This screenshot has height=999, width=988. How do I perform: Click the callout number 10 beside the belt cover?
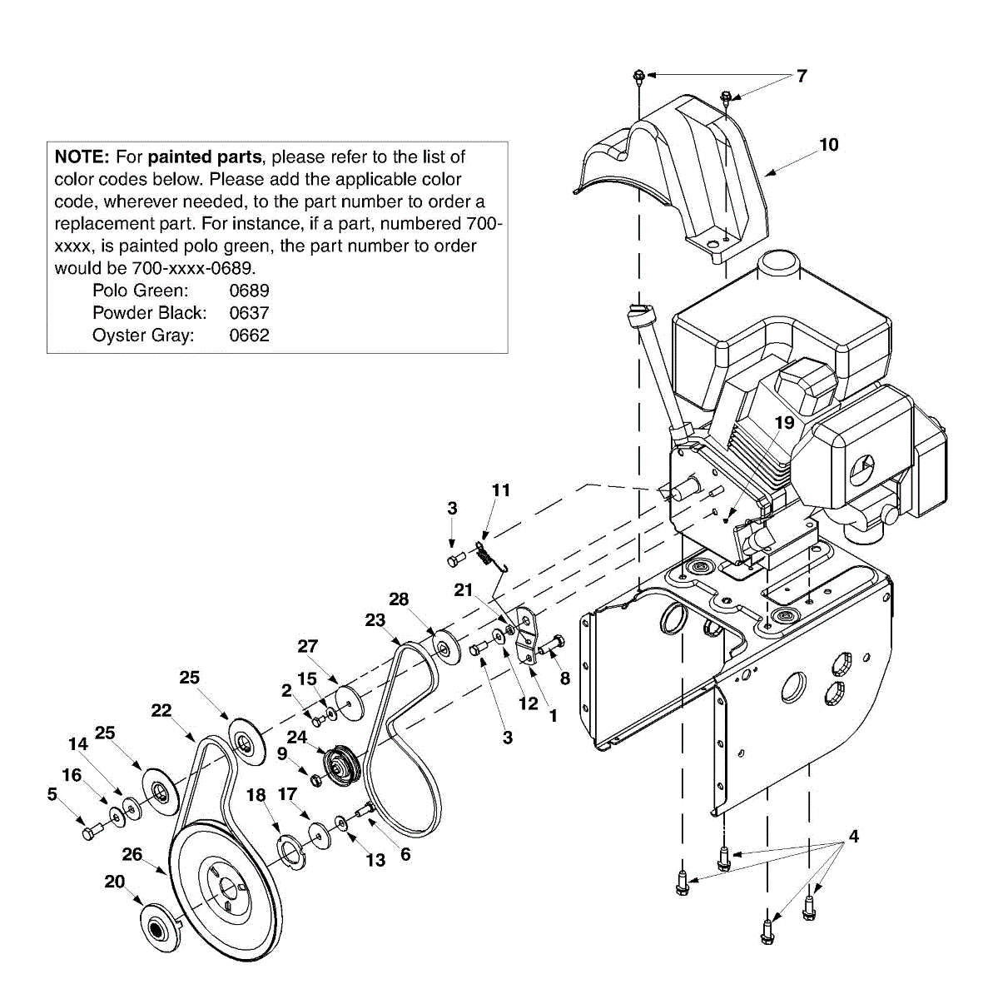click(x=828, y=145)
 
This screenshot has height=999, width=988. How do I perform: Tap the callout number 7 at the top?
click(x=801, y=77)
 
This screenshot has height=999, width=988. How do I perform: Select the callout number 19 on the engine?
click(x=784, y=423)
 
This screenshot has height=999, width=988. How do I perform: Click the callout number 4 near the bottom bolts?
click(x=852, y=836)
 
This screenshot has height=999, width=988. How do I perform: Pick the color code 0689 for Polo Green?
click(x=249, y=291)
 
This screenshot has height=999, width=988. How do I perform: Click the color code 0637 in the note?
click(x=249, y=313)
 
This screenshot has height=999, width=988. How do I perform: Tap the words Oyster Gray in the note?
click(x=143, y=335)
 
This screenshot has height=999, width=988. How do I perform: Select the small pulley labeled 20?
click(x=156, y=926)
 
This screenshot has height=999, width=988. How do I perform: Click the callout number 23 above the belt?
click(x=375, y=619)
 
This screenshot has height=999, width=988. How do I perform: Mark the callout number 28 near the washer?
click(x=399, y=599)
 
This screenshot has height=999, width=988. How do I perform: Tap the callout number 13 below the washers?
click(x=376, y=860)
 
